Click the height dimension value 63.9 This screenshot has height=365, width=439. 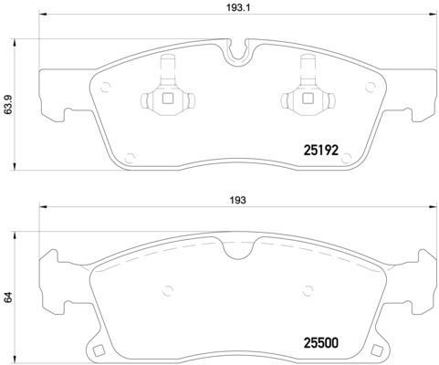click(x=10, y=107)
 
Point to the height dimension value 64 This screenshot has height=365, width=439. click(x=10, y=296)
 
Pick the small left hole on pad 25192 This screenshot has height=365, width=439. click(x=104, y=89)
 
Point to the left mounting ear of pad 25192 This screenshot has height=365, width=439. click(x=55, y=96)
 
